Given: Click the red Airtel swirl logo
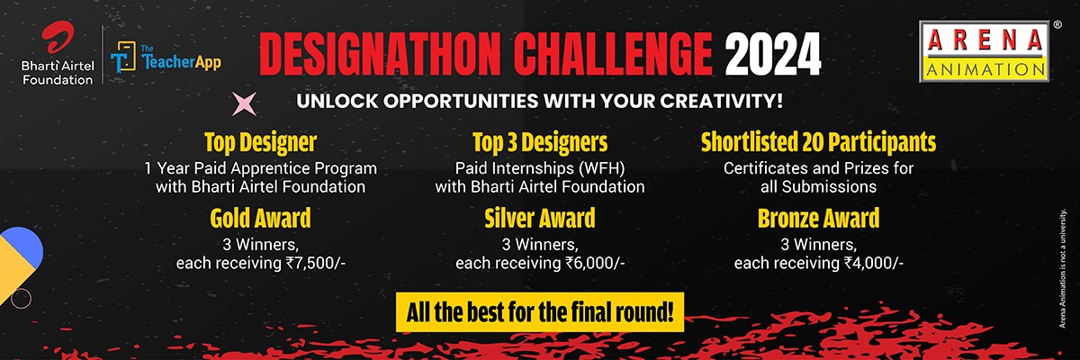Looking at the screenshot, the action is (58, 37).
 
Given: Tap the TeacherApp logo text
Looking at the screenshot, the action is (181, 58).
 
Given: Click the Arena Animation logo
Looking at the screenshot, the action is (984, 51).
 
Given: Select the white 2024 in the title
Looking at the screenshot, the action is (773, 55).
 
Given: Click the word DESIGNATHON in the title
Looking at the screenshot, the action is (380, 55).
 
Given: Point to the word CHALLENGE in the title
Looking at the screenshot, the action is (613, 55).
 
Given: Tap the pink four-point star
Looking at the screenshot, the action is (245, 103).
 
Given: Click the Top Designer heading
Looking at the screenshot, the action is (261, 143).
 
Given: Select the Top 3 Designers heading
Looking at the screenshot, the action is (540, 143).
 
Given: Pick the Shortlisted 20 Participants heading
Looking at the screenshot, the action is (819, 142).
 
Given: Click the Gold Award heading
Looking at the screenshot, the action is (260, 219).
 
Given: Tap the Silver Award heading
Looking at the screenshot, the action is (540, 219).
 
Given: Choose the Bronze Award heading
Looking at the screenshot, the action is (819, 219).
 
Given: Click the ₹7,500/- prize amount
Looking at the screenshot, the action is (316, 263).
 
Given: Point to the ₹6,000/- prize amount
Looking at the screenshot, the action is (595, 263).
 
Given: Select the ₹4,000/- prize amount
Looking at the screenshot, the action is (874, 263).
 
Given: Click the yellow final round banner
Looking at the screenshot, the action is (540, 312).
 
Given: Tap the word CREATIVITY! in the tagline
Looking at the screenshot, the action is (721, 101).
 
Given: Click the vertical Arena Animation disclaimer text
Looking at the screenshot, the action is (1062, 268).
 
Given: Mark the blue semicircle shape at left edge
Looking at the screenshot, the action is (25, 245).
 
